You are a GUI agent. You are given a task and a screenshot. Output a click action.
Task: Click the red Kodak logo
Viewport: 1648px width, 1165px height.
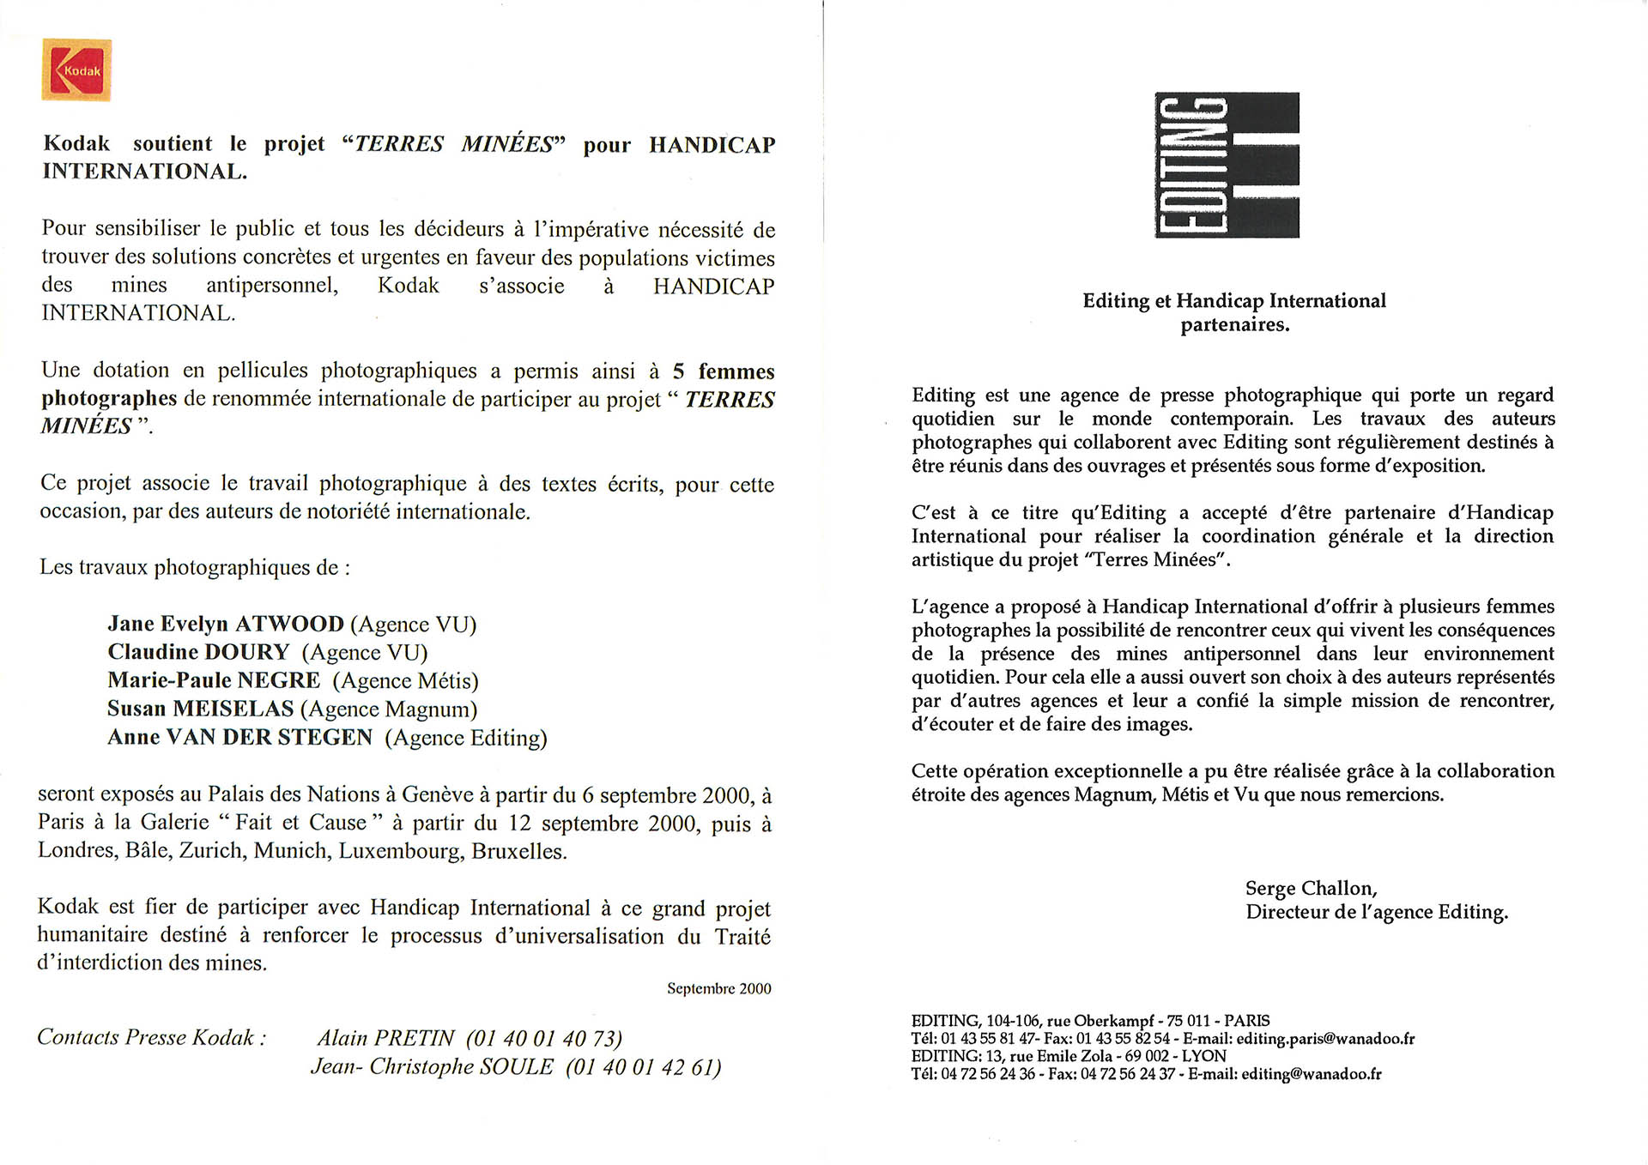coord(76,69)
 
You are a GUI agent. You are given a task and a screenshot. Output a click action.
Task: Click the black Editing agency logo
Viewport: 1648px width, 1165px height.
coord(1227,165)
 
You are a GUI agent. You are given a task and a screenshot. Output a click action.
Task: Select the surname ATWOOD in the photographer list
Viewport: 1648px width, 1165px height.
coord(289,624)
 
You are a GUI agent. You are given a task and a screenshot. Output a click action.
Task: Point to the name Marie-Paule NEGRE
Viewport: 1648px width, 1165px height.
coord(214,680)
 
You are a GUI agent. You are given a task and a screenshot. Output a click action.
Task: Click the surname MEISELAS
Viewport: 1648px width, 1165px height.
coord(233,709)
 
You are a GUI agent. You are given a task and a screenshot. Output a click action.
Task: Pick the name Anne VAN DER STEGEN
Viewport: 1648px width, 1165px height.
coord(240,737)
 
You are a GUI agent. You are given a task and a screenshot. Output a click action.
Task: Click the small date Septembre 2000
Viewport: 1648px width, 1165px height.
coord(718,988)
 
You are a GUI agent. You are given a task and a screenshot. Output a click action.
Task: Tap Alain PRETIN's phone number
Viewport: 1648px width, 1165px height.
coord(544,1039)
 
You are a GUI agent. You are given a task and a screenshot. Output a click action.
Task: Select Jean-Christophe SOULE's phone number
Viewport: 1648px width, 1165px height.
coord(643,1067)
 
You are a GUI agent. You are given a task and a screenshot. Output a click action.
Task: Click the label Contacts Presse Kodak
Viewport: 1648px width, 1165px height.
coord(151,1037)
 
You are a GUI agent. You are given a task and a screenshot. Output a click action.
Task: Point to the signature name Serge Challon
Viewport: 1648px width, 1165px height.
coord(1311,888)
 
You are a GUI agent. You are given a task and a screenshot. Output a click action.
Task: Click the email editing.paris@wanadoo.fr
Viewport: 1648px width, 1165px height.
coord(1325,1039)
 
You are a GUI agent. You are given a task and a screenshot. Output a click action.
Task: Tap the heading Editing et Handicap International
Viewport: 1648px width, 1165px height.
coord(1234,300)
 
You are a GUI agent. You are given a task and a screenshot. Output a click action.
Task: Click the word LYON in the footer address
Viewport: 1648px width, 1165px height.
coord(1203,1056)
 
